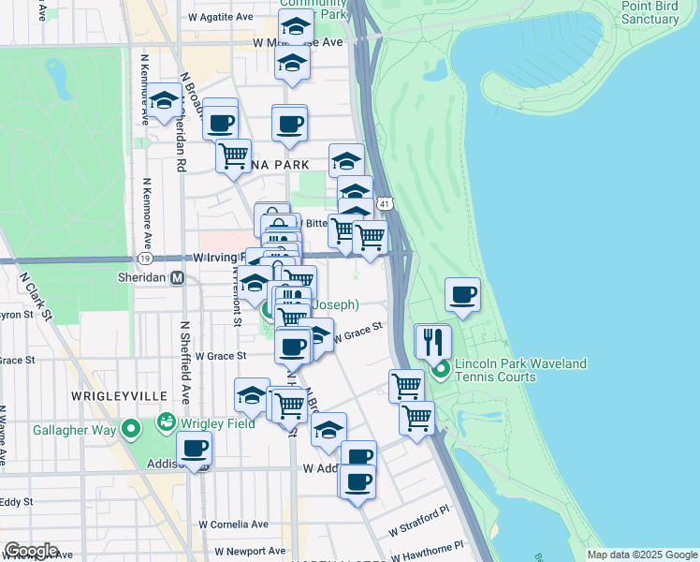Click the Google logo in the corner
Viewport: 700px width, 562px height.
31,551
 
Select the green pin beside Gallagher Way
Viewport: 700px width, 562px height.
130,429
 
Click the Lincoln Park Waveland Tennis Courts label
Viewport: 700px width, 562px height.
521,370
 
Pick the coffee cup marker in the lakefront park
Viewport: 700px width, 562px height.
463,295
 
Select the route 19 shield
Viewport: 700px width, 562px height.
144,258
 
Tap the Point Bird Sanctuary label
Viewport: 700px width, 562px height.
649,12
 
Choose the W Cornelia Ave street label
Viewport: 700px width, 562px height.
233,525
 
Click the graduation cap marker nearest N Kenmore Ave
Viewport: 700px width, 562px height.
165,102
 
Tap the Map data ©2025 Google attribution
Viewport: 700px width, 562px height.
642,555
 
